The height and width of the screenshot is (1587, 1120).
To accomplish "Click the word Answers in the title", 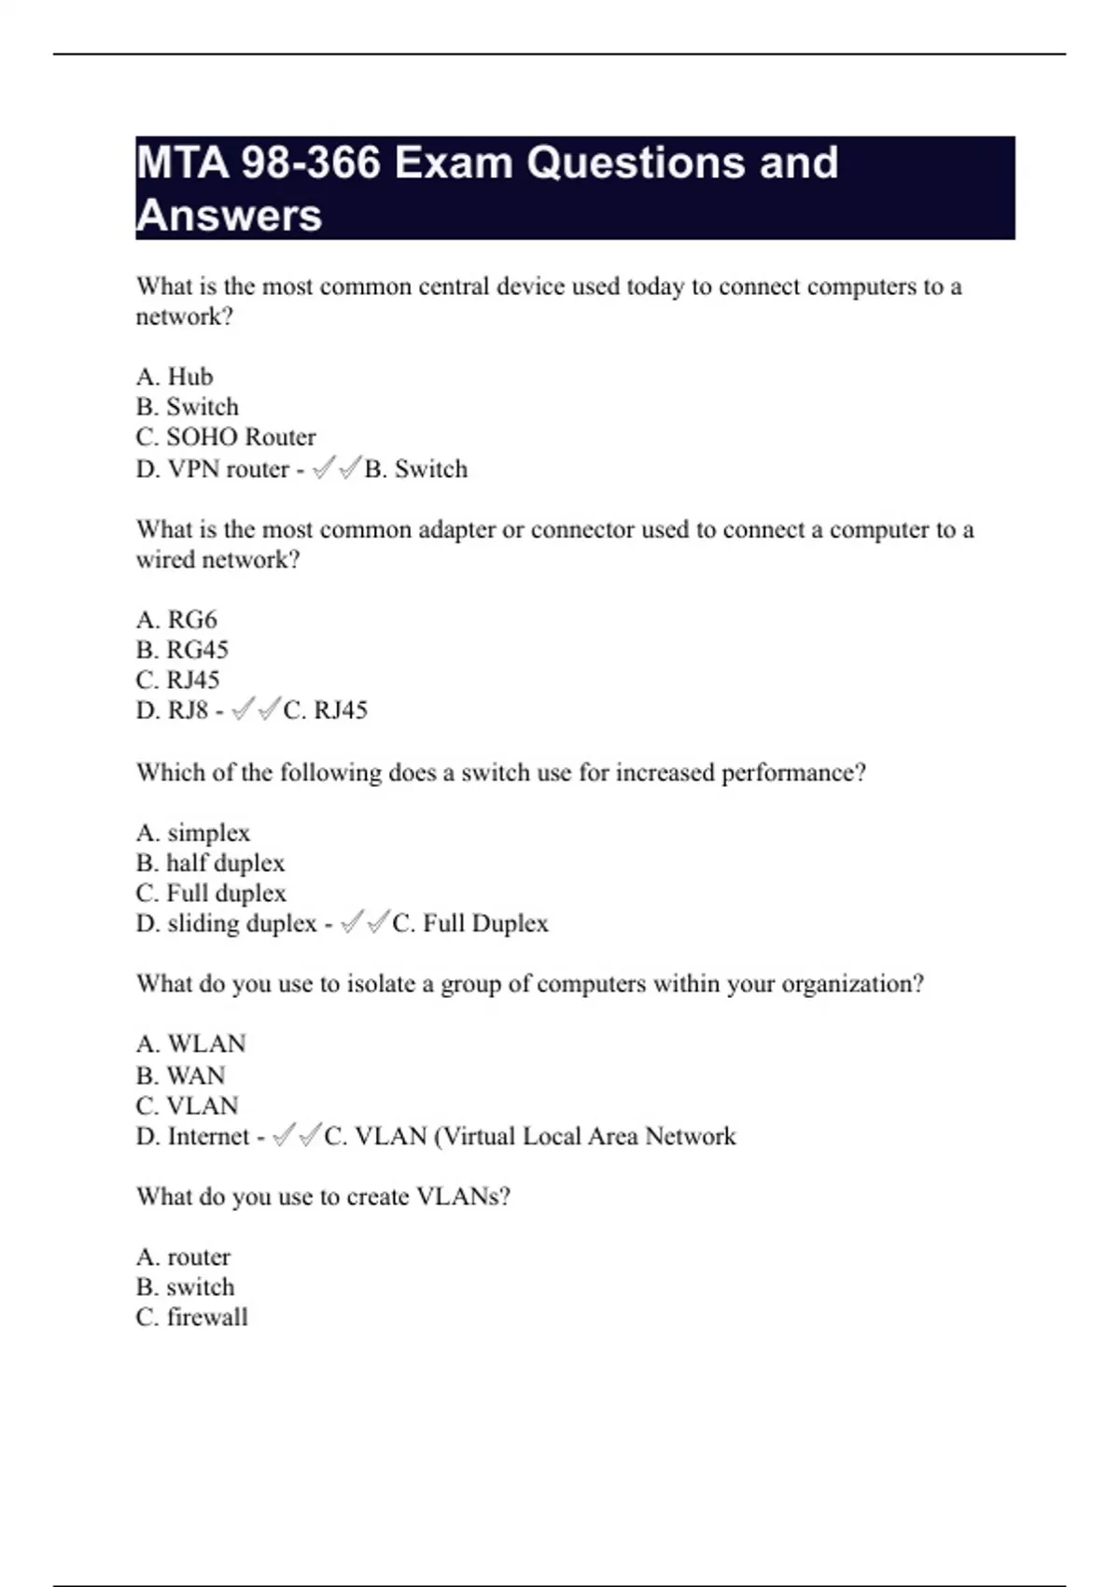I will click(x=229, y=216).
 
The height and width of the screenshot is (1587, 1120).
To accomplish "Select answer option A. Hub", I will click(x=175, y=376).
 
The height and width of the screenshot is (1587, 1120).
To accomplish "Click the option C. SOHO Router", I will click(x=226, y=437).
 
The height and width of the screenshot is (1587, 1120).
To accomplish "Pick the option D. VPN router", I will click(x=213, y=469).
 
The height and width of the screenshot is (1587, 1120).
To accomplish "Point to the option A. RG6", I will click(x=176, y=619).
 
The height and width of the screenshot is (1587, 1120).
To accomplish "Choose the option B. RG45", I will click(x=182, y=650).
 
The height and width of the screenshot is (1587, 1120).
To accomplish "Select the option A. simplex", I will click(x=193, y=833).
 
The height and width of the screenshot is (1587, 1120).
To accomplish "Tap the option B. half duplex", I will click(x=210, y=863).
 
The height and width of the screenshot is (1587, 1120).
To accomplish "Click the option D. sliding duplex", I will click(x=227, y=923).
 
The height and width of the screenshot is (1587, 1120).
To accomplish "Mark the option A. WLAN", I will click(x=191, y=1044).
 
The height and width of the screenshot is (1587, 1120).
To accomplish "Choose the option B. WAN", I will click(x=181, y=1075).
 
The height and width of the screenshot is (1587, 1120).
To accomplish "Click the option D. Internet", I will click(x=193, y=1136).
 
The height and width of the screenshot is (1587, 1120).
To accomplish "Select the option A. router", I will click(x=183, y=1257).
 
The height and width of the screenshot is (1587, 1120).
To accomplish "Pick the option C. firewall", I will click(x=191, y=1317).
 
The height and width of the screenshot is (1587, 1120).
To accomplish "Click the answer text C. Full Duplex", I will click(x=470, y=923).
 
